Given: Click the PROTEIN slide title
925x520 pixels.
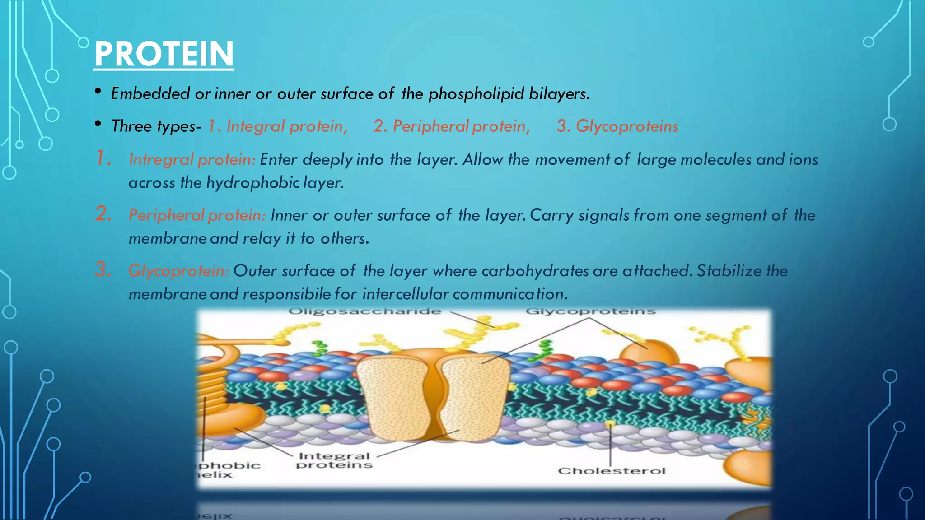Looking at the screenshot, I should coord(164,54).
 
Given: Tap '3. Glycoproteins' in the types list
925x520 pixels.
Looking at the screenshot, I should coord(617,126).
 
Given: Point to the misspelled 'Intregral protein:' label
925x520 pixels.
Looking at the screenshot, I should coord(192,160).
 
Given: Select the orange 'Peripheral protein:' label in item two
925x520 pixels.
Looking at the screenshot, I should coord(197,215).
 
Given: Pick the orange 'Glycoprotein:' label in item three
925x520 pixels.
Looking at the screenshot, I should coord(178,271).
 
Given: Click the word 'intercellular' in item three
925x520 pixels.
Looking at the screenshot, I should coord(405,294).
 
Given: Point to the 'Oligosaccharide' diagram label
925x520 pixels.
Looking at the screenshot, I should coord(364,311).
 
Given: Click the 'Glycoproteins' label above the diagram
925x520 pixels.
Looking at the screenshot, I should coord(590,311).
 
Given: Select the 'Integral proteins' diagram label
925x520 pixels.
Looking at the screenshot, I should coord(334,460).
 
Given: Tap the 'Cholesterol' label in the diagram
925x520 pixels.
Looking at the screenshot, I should coord(612,471).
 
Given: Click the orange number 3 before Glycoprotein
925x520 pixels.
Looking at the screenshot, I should coord(103,269).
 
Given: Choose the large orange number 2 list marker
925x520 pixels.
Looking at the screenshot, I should coord(103,214).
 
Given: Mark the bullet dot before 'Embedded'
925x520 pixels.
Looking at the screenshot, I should coord(98,92).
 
